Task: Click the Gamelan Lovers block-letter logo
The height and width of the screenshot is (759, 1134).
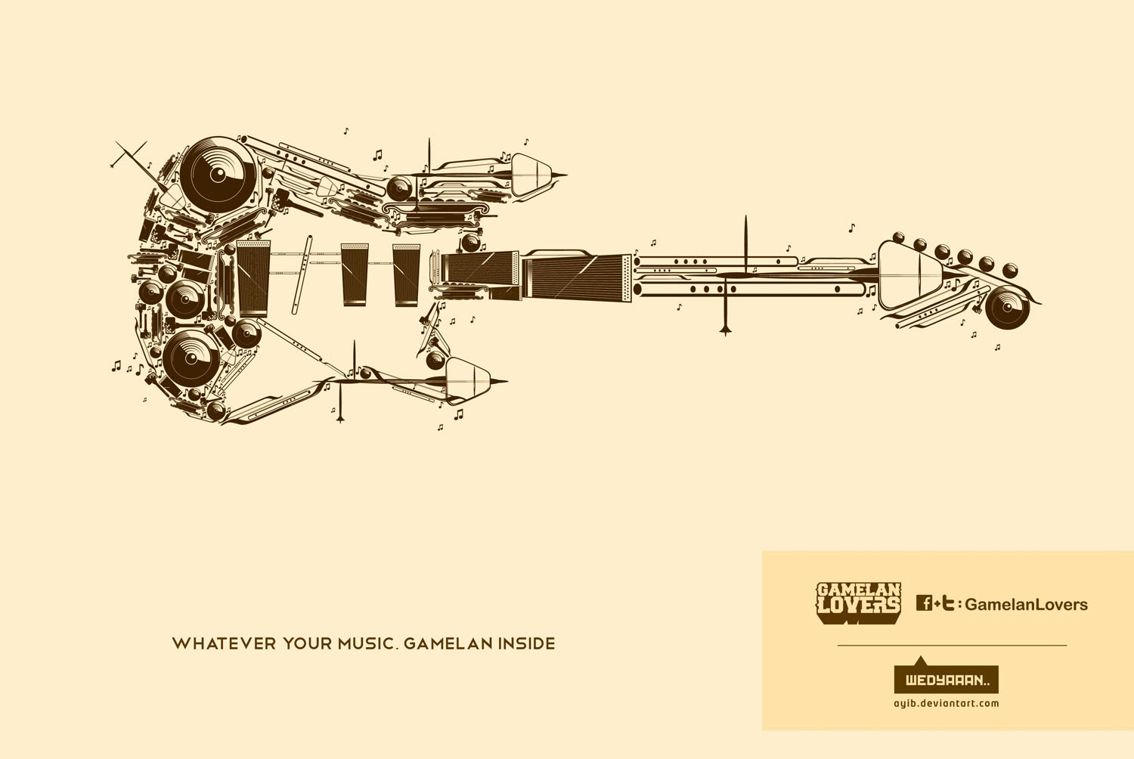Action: pos(859,603)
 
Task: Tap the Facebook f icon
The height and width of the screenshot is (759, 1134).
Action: pos(925,603)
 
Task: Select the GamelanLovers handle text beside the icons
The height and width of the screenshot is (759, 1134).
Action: pos(1027,605)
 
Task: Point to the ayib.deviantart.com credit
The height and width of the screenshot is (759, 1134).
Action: pos(947,703)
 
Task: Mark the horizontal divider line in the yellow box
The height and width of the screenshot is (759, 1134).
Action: pos(953,646)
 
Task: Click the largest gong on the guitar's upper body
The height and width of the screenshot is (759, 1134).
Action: pos(218,172)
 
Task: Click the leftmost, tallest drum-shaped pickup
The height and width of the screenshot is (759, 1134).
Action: pos(253,277)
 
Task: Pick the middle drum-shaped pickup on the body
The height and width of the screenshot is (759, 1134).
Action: pos(355,274)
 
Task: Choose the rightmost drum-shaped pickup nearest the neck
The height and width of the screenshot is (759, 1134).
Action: pos(406,275)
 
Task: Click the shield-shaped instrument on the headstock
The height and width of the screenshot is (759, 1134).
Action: pos(909,275)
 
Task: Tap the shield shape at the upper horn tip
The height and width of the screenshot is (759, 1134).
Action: pos(531,175)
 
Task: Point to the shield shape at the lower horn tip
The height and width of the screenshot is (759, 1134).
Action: pos(468,379)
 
